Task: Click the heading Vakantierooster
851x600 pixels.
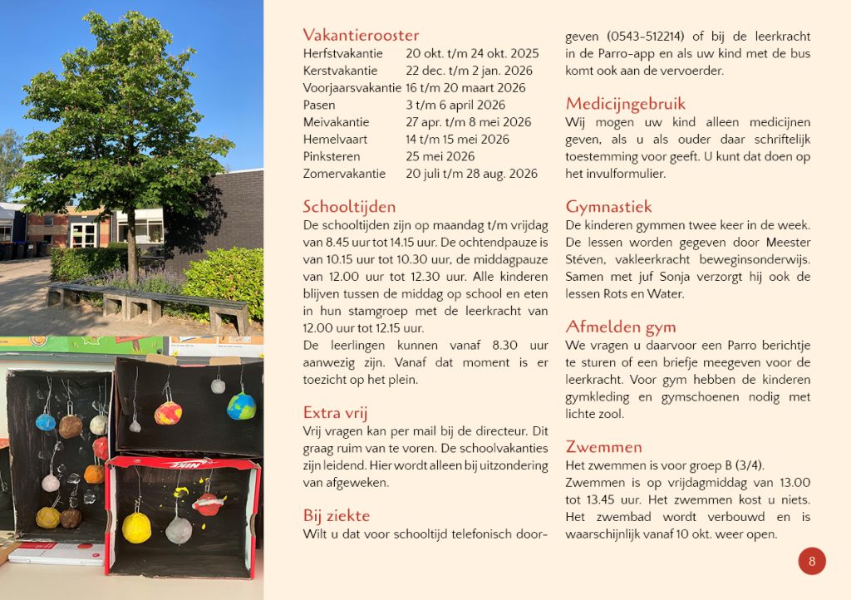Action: tap(361, 35)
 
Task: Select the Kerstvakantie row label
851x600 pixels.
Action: tap(340, 71)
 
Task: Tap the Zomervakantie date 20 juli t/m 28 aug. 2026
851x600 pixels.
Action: tap(471, 174)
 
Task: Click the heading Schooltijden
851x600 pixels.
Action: tap(349, 206)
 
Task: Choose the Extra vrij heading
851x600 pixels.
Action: tap(335, 413)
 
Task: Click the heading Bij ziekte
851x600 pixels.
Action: tap(336, 516)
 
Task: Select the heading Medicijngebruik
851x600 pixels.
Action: tap(625, 104)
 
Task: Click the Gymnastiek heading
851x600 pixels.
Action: tap(608, 207)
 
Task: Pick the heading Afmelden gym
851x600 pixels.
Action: tap(620, 327)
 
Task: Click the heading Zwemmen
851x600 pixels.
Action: tap(603, 447)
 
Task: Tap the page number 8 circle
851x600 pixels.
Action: tap(812, 561)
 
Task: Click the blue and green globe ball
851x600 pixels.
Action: tap(241, 406)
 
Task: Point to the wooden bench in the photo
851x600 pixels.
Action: tap(146, 302)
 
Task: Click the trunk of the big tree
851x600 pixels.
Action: tap(130, 241)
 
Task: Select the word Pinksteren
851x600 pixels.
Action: tap(331, 156)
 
